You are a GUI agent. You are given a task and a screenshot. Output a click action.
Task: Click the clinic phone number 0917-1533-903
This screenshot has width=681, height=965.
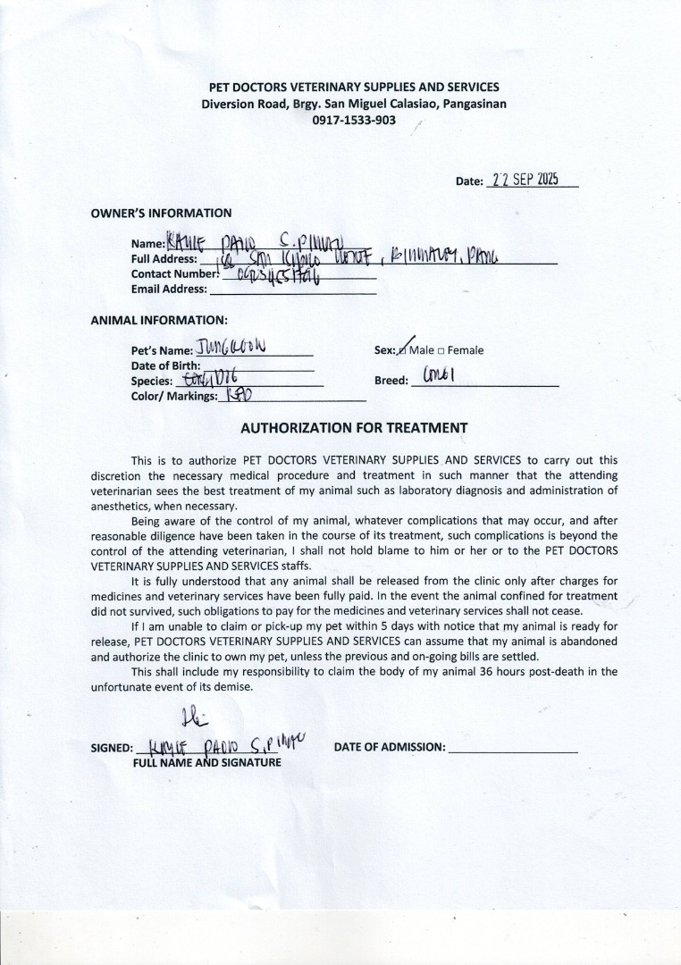tap(353, 121)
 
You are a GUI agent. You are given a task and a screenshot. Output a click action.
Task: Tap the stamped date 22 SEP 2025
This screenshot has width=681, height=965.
tap(525, 179)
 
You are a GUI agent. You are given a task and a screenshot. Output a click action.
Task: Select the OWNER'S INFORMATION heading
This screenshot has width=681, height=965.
tap(161, 213)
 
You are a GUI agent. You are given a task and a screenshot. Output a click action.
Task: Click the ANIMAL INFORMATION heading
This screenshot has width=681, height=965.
tap(159, 319)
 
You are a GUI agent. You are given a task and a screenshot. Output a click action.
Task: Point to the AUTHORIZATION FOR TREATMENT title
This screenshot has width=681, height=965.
tap(354, 427)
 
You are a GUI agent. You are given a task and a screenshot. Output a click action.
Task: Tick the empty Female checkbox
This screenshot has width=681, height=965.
tap(441, 350)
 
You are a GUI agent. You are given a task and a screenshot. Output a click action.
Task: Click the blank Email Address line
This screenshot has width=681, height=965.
tap(292, 289)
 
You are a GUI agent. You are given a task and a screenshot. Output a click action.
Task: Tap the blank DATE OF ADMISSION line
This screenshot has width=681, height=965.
tap(512, 747)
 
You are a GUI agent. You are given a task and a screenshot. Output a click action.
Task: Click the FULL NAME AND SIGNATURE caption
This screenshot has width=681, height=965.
tap(206, 762)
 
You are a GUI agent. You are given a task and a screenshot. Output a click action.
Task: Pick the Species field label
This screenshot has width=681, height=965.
tap(151, 381)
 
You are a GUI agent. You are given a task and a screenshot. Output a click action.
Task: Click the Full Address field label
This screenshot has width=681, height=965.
tap(164, 258)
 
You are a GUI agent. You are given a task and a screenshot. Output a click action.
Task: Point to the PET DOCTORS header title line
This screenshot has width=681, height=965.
tap(353, 87)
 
